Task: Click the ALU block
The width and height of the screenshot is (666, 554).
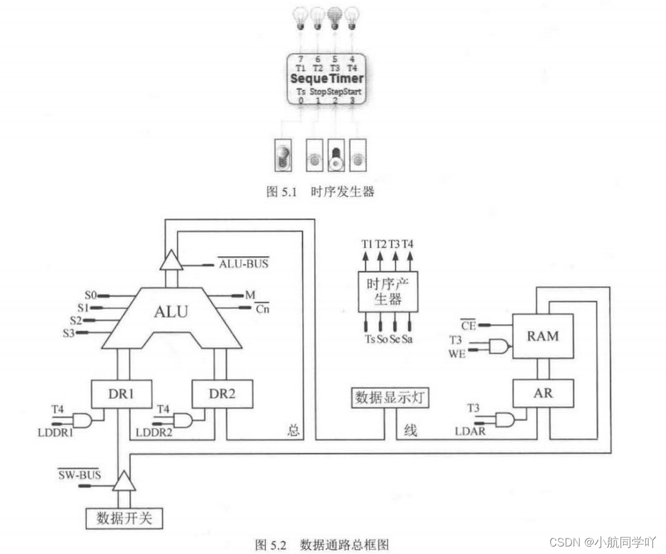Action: tap(170, 312)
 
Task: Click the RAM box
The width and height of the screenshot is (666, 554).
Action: tap(542, 336)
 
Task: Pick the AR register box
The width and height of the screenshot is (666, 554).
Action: tap(542, 393)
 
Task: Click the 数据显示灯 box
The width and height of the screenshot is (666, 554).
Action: tap(391, 397)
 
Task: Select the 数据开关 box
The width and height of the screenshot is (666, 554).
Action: tap(124, 518)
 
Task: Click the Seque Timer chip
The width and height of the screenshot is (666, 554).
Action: tap(326, 79)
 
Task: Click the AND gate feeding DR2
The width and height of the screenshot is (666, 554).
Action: tap(183, 420)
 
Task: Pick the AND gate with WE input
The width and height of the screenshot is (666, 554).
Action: tap(498, 347)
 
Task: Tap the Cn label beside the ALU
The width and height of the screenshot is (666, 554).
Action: tap(262, 308)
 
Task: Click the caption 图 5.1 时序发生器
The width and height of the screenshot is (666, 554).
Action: tap(320, 192)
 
